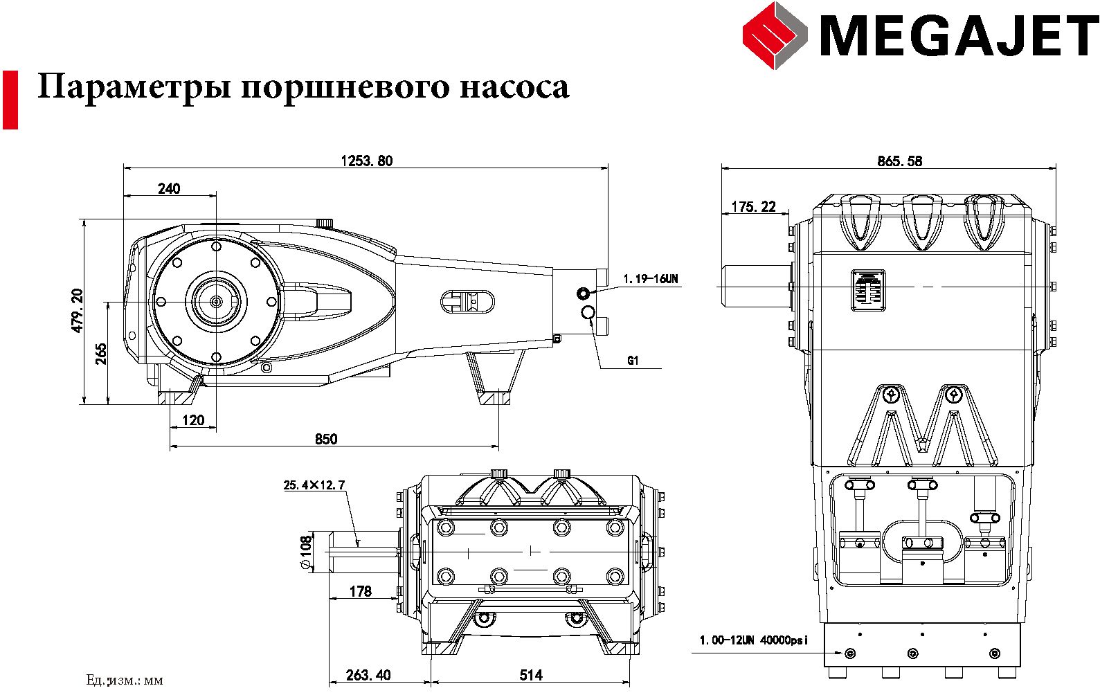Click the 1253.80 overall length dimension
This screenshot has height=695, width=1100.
coord(366,161)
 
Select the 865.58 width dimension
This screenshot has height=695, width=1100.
coord(899,161)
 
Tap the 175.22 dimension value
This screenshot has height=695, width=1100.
coord(753,206)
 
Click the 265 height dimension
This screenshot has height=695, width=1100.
coord(101,354)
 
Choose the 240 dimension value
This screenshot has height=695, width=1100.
coord(168,188)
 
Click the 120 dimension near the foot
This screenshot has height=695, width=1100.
coord(193,420)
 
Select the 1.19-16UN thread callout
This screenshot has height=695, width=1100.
coord(650,279)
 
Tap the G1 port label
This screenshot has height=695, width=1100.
coord(633,361)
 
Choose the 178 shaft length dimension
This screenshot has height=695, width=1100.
coord(360,591)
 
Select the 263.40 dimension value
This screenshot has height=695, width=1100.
coord(368,675)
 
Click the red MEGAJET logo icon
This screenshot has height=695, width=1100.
coord(775,35)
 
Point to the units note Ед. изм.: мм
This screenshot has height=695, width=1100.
coord(125,680)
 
